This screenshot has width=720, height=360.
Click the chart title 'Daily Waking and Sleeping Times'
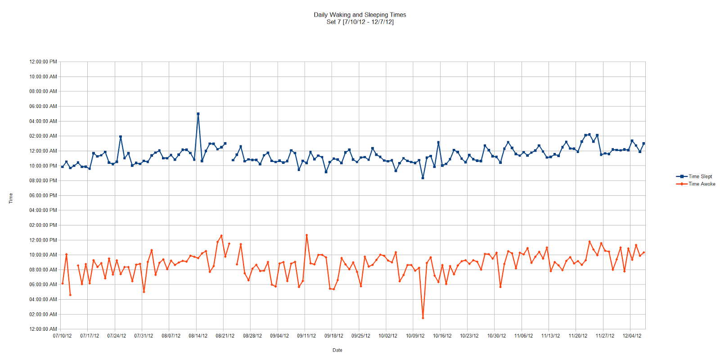click(x=360, y=15)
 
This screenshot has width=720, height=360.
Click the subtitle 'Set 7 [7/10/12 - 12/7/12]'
click(x=360, y=22)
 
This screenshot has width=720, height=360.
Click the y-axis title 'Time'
click(x=11, y=198)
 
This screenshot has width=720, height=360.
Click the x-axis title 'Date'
click(x=337, y=350)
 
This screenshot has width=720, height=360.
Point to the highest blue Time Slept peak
click(x=198, y=114)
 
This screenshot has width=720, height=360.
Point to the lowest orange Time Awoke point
click(x=423, y=318)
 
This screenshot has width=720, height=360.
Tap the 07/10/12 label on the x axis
click(x=62, y=336)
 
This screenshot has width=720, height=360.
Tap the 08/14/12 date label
click(x=198, y=336)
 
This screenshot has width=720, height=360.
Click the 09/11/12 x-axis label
click(x=306, y=336)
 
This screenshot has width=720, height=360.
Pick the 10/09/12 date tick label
click(x=415, y=336)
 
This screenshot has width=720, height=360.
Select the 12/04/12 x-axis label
click(x=632, y=336)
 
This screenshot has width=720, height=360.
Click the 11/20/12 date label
click(x=578, y=336)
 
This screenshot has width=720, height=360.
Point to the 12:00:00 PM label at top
click(x=43, y=62)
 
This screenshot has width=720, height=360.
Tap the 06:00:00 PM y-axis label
click(x=43, y=195)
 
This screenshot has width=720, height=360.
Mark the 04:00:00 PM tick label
click(x=43, y=210)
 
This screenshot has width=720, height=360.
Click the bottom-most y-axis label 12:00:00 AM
click(x=43, y=329)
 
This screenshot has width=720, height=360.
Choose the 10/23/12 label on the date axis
click(x=469, y=336)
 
